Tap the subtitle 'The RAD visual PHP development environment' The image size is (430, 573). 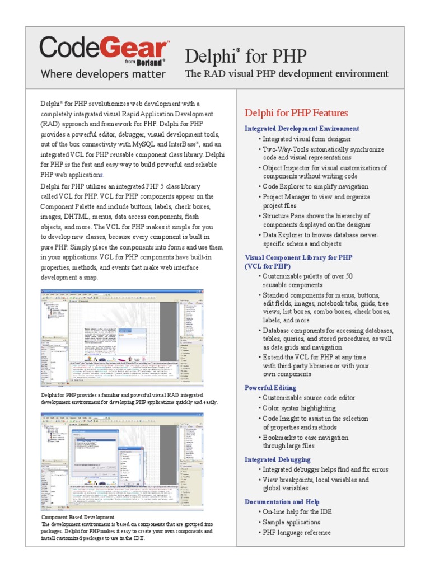[286, 74]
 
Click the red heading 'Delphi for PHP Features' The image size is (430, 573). [296, 113]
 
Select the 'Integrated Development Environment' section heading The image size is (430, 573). [302, 129]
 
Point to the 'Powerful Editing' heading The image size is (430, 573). [270, 387]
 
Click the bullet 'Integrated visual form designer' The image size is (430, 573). [307, 139]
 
